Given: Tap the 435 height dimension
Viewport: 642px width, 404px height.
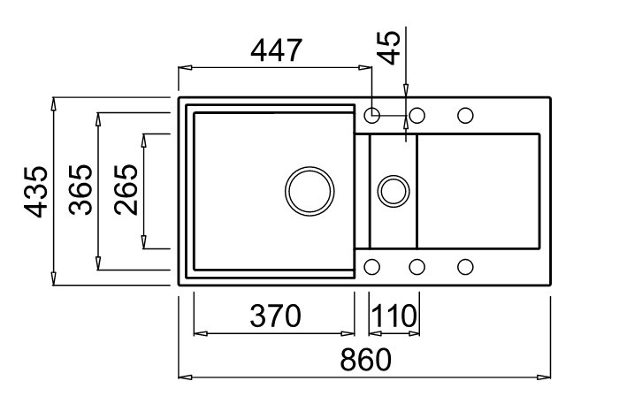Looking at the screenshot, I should click(x=36, y=191).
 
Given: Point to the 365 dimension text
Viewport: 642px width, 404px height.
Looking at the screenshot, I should click(x=81, y=190).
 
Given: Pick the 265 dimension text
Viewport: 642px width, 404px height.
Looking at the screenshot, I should click(x=126, y=190).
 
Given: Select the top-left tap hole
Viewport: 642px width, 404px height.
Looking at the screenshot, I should click(x=372, y=115).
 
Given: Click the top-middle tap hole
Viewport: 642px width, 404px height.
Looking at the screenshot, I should click(x=417, y=115).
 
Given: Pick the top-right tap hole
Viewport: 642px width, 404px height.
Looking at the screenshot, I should click(x=465, y=115).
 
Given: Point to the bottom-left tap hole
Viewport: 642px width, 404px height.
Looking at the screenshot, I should click(x=372, y=266).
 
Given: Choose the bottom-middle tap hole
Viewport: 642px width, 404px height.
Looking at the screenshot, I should click(x=417, y=266).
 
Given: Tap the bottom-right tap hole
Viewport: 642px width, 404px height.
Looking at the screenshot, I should click(x=465, y=266).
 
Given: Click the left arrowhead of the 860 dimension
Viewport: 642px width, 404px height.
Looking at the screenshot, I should click(x=185, y=377).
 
